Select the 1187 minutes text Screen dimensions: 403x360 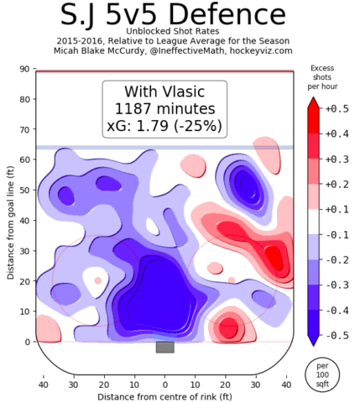click(x=164, y=108)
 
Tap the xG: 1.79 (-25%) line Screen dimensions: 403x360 click(x=164, y=126)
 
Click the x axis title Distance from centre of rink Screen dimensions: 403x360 click(x=164, y=395)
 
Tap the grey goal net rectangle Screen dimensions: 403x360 click(x=164, y=347)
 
